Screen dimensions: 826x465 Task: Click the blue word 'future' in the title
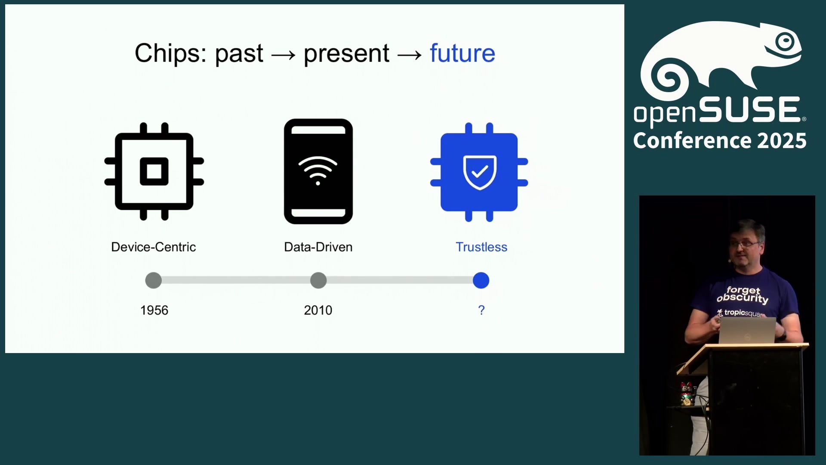(x=462, y=53)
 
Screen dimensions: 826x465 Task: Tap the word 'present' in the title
(x=346, y=55)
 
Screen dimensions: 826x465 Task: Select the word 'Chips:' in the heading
(x=170, y=54)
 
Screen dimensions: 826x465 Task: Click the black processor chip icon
(x=154, y=171)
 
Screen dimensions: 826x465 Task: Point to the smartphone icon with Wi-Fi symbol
(x=318, y=171)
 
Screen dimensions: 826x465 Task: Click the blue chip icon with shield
(x=479, y=172)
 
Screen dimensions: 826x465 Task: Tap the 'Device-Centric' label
(x=154, y=247)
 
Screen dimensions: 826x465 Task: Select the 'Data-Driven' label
(x=318, y=247)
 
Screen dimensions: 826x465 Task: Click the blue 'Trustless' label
(x=481, y=247)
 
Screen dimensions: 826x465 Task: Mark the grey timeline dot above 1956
(x=154, y=280)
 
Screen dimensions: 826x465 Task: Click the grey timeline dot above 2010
(x=318, y=280)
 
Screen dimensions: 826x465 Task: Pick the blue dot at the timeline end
(x=481, y=280)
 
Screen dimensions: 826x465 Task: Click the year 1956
(x=154, y=310)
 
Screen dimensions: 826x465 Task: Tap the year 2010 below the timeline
(x=318, y=310)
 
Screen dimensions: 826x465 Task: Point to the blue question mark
(x=481, y=310)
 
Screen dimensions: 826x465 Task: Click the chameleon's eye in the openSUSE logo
(x=786, y=42)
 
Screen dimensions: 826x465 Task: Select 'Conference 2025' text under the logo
(x=720, y=141)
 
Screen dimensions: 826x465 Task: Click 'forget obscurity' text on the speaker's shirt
(x=743, y=294)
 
